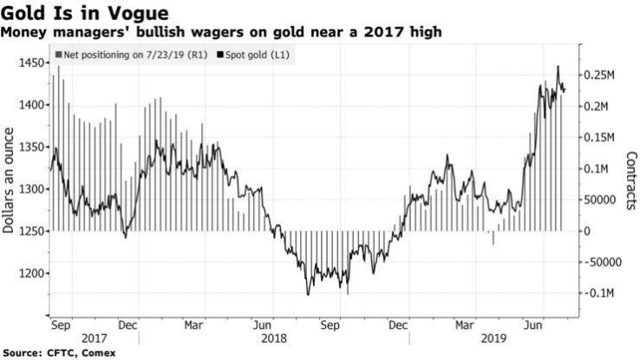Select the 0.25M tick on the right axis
pos(599,75)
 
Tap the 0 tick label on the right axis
pos(588,231)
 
